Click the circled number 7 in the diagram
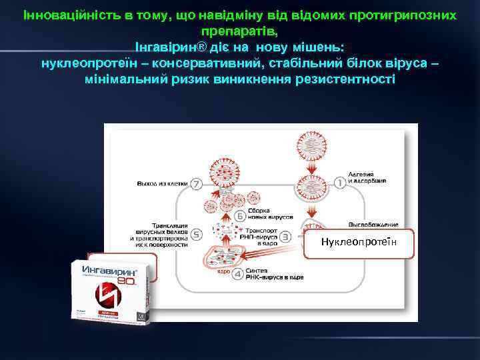tap(196, 183)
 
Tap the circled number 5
tap(196, 234)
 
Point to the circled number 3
tap(285, 236)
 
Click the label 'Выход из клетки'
tap(162, 183)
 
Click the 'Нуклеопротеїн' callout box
tap(358, 243)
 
